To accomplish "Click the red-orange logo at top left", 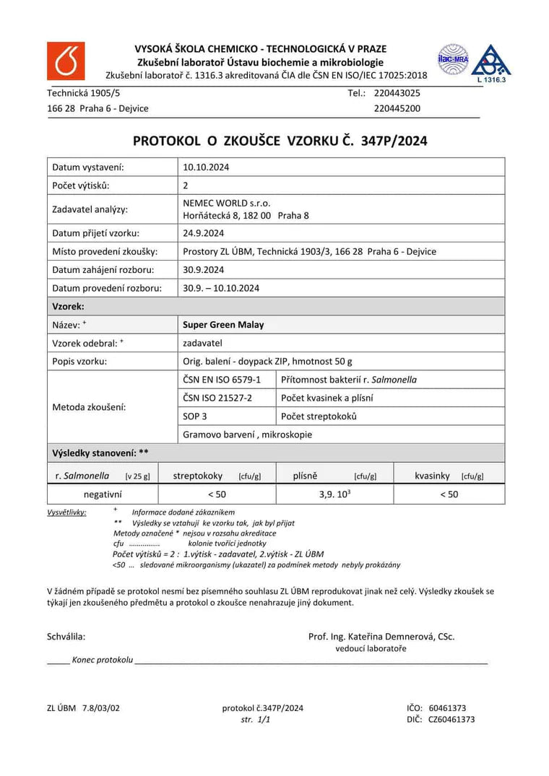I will pyautogui.click(x=66, y=61).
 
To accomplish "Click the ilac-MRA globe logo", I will pyautogui.click(x=453, y=60).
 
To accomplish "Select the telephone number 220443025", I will pyautogui.click(x=397, y=93).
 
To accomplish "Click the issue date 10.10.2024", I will pyautogui.click(x=206, y=167).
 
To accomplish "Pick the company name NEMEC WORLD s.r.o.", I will pyautogui.click(x=227, y=203).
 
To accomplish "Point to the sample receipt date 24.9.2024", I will pyautogui.click(x=204, y=233).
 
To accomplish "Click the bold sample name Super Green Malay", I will pyautogui.click(x=223, y=325).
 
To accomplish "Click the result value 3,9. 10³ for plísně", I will pyautogui.click(x=334, y=494).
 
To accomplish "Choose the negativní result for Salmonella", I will pyautogui.click(x=103, y=494).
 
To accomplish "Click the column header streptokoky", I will pyautogui.click(x=198, y=476).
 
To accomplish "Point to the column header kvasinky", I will pyautogui.click(x=432, y=476).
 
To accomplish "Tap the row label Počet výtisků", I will pyautogui.click(x=81, y=186).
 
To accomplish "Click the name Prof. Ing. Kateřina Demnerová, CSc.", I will pyautogui.click(x=381, y=637).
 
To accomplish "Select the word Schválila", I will pyautogui.click(x=66, y=637).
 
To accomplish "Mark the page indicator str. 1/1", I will pyautogui.click(x=256, y=720).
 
